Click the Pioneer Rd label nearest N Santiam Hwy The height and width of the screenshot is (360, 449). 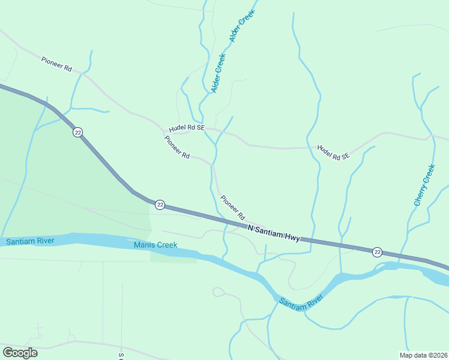pos(233,207)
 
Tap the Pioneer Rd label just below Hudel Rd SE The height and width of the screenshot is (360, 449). pos(177,148)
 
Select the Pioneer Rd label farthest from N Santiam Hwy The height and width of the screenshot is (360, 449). pos(56,64)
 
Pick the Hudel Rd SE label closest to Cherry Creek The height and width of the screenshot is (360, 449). pos(333,152)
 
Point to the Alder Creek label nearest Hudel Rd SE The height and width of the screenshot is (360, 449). pos(218,73)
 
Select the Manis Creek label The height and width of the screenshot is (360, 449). pos(155,245)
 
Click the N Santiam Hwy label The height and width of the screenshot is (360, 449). pos(274,233)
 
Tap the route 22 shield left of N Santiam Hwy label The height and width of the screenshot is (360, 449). pos(160,205)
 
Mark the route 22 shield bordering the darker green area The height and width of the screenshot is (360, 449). pos(77,132)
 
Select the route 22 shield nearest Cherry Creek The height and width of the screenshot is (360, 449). pos(376,251)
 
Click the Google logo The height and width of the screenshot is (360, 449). pos(20,353)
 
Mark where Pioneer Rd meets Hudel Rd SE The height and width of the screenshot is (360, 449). pos(163,130)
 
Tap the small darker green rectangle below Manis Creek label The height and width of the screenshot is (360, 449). pos(173,257)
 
